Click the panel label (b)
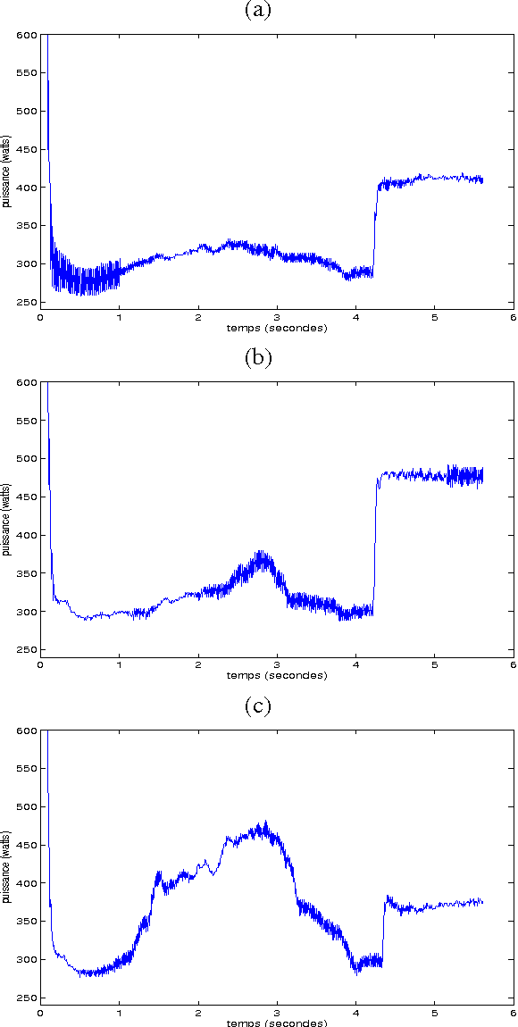258,358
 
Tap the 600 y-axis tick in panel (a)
27,35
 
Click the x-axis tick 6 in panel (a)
513,317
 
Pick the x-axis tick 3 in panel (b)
277,664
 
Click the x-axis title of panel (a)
276,328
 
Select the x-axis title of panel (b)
276,675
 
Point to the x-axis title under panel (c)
276,1023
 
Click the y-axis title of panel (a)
7,172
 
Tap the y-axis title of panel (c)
7,867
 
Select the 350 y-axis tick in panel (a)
27,226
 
